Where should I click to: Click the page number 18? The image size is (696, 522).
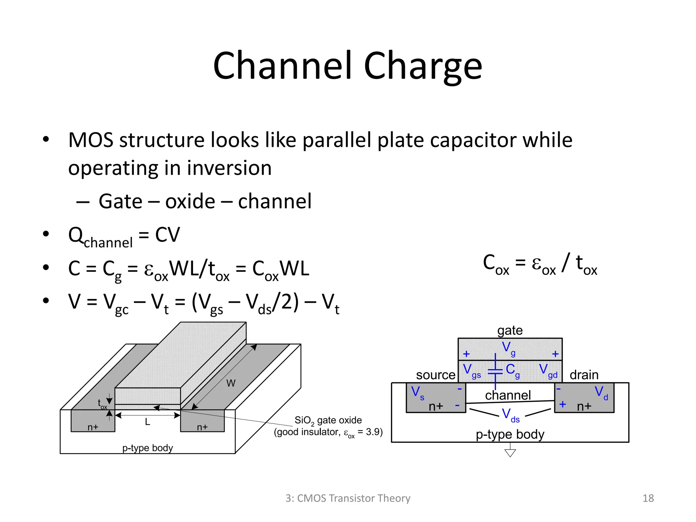click(648, 498)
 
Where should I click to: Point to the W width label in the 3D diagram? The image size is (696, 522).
click(231, 383)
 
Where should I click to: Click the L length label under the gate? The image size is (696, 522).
click(147, 422)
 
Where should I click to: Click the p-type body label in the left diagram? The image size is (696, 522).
click(147, 448)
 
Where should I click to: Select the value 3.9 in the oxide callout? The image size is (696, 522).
click(373, 432)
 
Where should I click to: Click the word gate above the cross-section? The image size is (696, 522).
click(510, 330)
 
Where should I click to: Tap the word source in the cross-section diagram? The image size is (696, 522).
click(435, 375)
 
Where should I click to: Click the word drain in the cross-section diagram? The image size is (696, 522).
click(584, 375)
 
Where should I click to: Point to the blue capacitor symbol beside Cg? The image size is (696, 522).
click(495, 371)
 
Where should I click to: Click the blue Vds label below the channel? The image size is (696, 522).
click(510, 415)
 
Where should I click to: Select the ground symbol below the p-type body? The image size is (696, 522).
click(510, 453)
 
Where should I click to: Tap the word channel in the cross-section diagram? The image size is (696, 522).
click(508, 395)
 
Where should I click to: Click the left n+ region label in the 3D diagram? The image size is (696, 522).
click(93, 427)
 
